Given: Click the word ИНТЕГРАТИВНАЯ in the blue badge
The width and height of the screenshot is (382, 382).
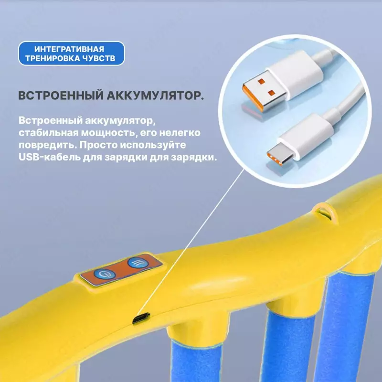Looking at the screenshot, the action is [x=69, y=49].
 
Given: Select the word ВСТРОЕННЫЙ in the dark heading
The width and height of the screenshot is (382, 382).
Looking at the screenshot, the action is [x=61, y=95].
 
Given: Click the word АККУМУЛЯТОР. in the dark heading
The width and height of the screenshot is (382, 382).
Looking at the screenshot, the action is [x=155, y=95].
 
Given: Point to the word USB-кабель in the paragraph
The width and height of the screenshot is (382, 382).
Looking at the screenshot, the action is [x=50, y=157].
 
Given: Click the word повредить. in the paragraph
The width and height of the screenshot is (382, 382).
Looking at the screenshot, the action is [x=48, y=145].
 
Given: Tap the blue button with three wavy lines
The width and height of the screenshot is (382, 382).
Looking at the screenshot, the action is [x=138, y=263].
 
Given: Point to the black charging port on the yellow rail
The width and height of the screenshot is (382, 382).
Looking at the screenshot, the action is [x=141, y=318].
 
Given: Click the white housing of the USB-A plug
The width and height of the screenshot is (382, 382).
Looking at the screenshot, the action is [x=294, y=74].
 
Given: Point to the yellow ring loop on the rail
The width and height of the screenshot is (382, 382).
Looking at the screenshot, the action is [x=326, y=212].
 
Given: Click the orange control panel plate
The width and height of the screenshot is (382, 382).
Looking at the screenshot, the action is [x=121, y=269].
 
